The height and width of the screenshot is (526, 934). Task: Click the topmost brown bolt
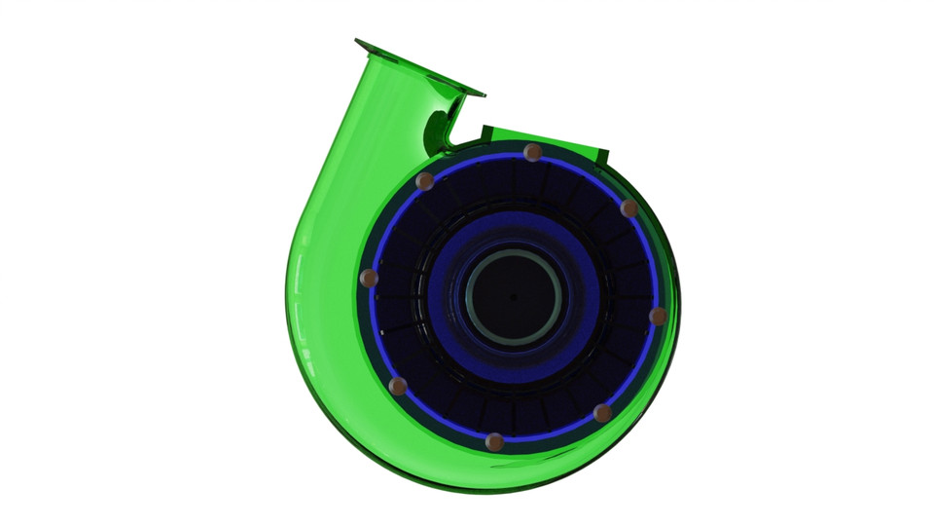(x=532, y=152)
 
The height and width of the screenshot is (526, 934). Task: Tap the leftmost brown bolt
(x=369, y=279)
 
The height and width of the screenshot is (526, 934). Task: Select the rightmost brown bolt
(x=658, y=316)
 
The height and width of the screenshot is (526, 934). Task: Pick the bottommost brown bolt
(x=494, y=442)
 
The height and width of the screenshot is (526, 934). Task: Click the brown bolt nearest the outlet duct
(x=424, y=181)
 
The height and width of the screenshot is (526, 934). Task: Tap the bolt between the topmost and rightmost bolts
(x=629, y=208)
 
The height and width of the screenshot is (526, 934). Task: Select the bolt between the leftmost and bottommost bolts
(x=398, y=387)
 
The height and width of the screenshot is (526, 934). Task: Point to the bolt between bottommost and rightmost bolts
(x=602, y=413)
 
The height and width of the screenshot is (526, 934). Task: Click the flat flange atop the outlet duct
(x=419, y=67)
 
